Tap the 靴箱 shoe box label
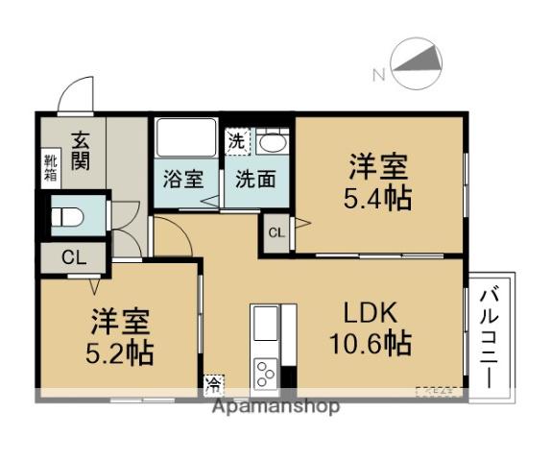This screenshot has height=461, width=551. point(49,168)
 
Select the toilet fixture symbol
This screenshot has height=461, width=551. point(66,217)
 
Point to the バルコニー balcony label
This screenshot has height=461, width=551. point(489,336)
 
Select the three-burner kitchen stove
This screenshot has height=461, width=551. point(265,373)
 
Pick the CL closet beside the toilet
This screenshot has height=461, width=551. point(72,257)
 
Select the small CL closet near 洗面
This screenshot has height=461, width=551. point(276,233)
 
